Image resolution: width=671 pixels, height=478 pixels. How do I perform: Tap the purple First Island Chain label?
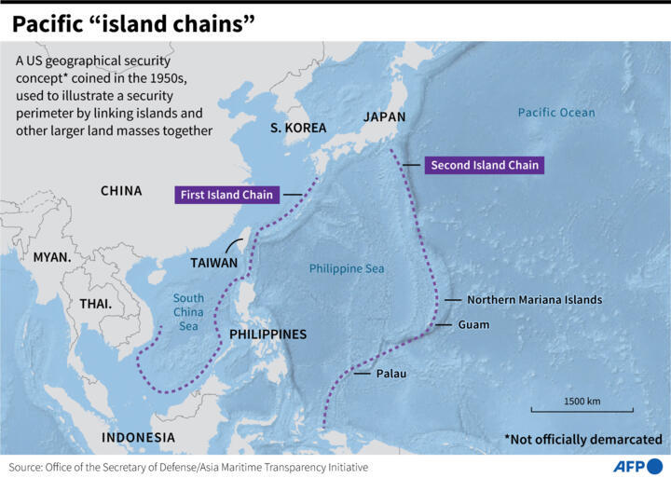[x=227, y=195]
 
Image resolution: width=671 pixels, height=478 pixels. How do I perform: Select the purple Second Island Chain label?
[x=483, y=165]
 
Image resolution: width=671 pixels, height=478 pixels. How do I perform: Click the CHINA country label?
[x=121, y=191]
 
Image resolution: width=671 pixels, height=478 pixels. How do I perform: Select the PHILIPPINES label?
[x=267, y=334]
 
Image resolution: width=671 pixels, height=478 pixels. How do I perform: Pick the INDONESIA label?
[x=138, y=437]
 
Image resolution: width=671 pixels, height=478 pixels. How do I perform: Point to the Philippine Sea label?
[x=347, y=268]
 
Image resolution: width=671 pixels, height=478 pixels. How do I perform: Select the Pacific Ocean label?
[x=556, y=113]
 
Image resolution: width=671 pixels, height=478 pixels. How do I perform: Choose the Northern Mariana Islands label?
[x=534, y=300]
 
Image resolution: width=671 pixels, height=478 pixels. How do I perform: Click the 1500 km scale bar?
[x=581, y=407]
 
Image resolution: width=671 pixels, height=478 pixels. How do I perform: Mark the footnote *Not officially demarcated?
[x=582, y=439]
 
